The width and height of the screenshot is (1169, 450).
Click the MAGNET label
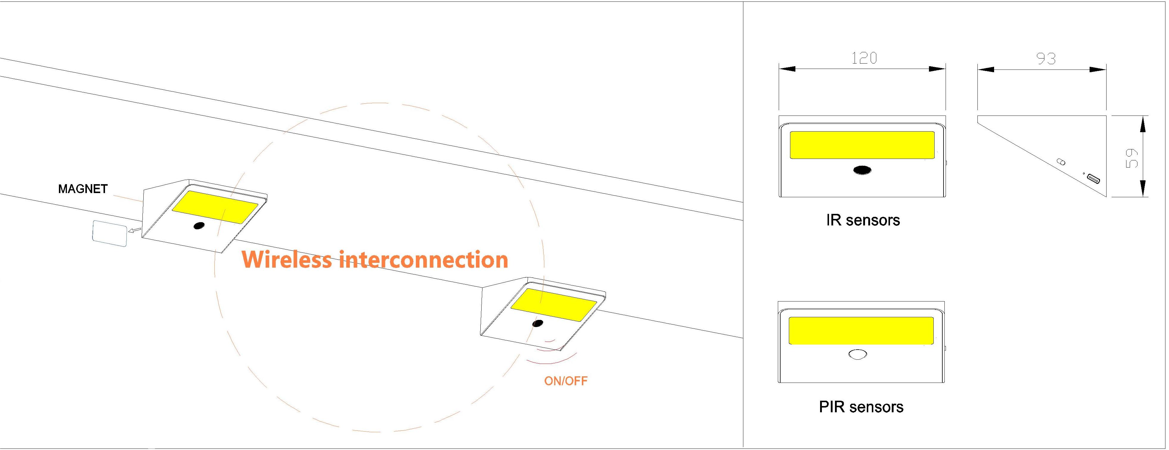point(83,189)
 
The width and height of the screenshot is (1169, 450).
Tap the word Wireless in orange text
point(287,260)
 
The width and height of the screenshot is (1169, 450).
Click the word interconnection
point(423,260)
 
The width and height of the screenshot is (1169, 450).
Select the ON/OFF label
point(565,381)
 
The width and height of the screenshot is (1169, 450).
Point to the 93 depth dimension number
point(1046,59)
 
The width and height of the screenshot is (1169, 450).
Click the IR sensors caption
point(863,220)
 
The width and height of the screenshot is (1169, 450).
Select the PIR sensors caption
point(861,407)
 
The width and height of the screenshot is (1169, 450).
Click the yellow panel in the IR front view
point(862,145)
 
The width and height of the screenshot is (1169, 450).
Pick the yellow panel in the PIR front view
point(861,330)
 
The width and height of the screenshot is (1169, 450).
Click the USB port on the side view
point(1093,179)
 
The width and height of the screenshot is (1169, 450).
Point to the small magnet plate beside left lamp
point(110,233)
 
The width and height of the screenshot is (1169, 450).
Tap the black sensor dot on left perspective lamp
point(199,225)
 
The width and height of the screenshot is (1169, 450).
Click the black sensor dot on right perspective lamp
point(538,323)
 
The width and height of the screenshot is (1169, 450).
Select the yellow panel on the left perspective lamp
point(215,207)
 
